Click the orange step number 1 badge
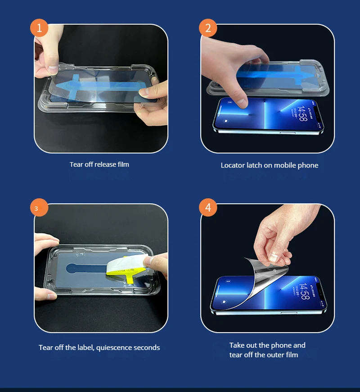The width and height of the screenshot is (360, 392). click(39, 28)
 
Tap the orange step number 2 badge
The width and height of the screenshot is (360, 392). click(208, 28)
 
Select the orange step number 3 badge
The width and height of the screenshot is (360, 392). click(39, 208)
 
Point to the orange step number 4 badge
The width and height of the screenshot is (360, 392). click(208, 208)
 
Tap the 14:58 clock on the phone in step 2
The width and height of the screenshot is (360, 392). click(302, 114)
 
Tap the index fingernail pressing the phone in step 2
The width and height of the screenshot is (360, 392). click(242, 102)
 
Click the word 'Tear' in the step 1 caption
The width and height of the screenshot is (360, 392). click(76, 164)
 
